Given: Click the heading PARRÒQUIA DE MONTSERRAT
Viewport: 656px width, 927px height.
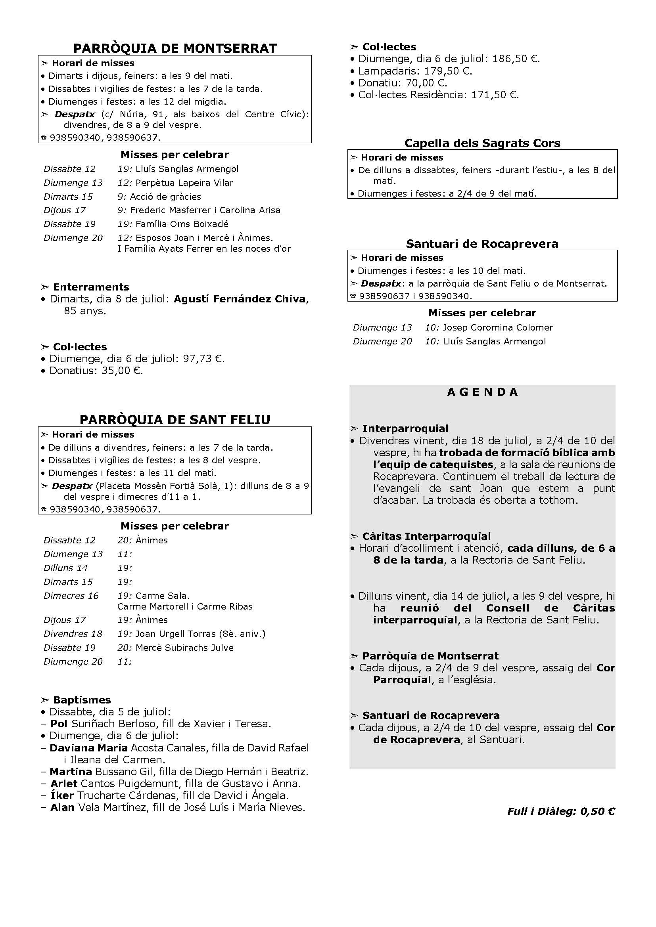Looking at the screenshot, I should click(x=175, y=48).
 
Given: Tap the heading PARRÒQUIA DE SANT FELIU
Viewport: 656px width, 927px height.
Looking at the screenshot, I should click(x=175, y=420).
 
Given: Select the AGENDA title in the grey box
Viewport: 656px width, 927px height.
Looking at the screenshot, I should click(x=482, y=392).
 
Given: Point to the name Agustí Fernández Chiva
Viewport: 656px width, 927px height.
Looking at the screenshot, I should click(x=239, y=299).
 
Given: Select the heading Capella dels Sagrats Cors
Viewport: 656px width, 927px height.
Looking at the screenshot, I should click(x=482, y=143).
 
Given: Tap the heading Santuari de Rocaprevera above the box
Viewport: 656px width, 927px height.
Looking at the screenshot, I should click(x=482, y=244).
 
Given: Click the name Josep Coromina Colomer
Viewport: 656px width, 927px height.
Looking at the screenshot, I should click(x=498, y=327).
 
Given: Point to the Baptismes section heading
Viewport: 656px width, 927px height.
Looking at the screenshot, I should click(x=82, y=700).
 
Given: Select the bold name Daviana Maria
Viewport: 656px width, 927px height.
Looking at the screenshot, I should click(x=88, y=748).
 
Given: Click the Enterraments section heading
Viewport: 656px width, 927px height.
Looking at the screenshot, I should click(x=91, y=287).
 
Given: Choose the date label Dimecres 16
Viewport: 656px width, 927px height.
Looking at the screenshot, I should click(x=71, y=596).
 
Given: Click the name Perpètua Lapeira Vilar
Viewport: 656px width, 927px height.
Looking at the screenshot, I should click(x=184, y=183).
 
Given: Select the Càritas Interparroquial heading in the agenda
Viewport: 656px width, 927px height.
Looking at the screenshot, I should click(x=426, y=536).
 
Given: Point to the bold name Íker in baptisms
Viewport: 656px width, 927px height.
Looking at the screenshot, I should click(x=62, y=796).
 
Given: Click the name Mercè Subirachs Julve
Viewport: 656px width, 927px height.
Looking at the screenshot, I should click(x=184, y=648).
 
